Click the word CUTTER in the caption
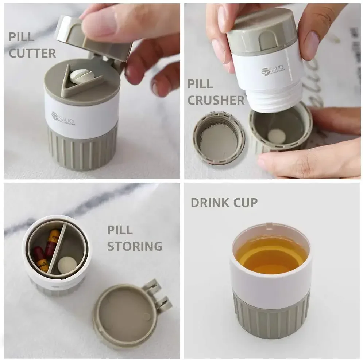point(32,53)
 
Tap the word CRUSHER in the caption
point(216,100)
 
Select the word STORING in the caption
point(134,246)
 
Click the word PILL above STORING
point(120,230)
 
